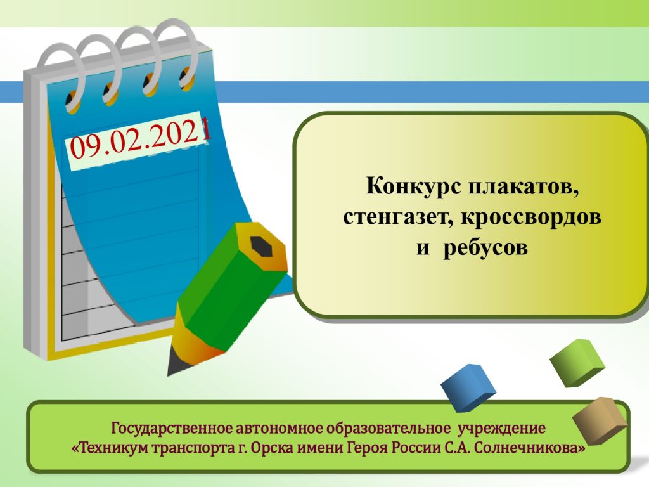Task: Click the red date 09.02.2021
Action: tap(141, 138)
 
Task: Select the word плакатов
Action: tap(524, 187)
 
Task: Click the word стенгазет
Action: tap(397, 217)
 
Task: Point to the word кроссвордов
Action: tap(531, 217)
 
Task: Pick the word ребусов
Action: tap(485, 248)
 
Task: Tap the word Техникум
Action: tap(111, 448)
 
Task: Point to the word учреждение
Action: tap(502, 428)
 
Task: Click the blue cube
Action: tap(468, 387)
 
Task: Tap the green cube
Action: tap(577, 363)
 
